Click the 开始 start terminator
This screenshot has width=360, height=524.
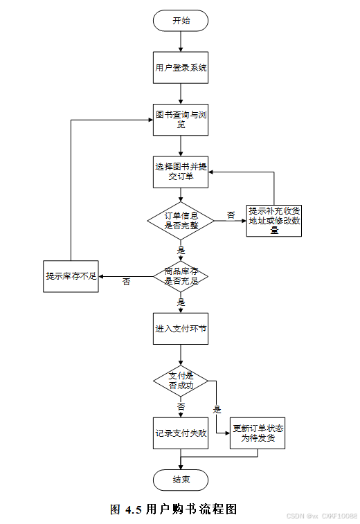(x=181, y=21)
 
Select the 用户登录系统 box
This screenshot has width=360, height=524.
(x=181, y=68)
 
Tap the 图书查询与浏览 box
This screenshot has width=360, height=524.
(x=181, y=120)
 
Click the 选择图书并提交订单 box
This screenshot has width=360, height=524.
(x=181, y=172)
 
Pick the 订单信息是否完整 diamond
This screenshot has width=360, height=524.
(x=181, y=221)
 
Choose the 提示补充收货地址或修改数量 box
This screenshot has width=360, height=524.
(x=273, y=221)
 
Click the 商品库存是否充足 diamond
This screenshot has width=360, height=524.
(x=181, y=276)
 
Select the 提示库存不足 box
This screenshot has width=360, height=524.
(x=71, y=276)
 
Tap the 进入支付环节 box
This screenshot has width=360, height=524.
(x=181, y=329)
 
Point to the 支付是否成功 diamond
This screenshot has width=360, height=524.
(x=181, y=381)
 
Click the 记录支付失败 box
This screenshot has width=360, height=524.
(x=181, y=433)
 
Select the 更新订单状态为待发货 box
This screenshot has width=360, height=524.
(x=258, y=433)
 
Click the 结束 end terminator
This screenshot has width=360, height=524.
(x=181, y=480)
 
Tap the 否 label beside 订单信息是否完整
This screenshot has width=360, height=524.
(x=231, y=215)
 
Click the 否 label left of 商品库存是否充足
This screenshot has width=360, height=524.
(x=126, y=282)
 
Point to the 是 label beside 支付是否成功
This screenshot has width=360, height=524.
(x=217, y=409)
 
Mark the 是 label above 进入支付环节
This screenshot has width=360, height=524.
(x=181, y=302)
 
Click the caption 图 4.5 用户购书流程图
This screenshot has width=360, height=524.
(x=174, y=509)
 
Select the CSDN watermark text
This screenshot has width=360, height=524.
(x=322, y=516)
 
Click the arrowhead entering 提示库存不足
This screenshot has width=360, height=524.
(x=100, y=276)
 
